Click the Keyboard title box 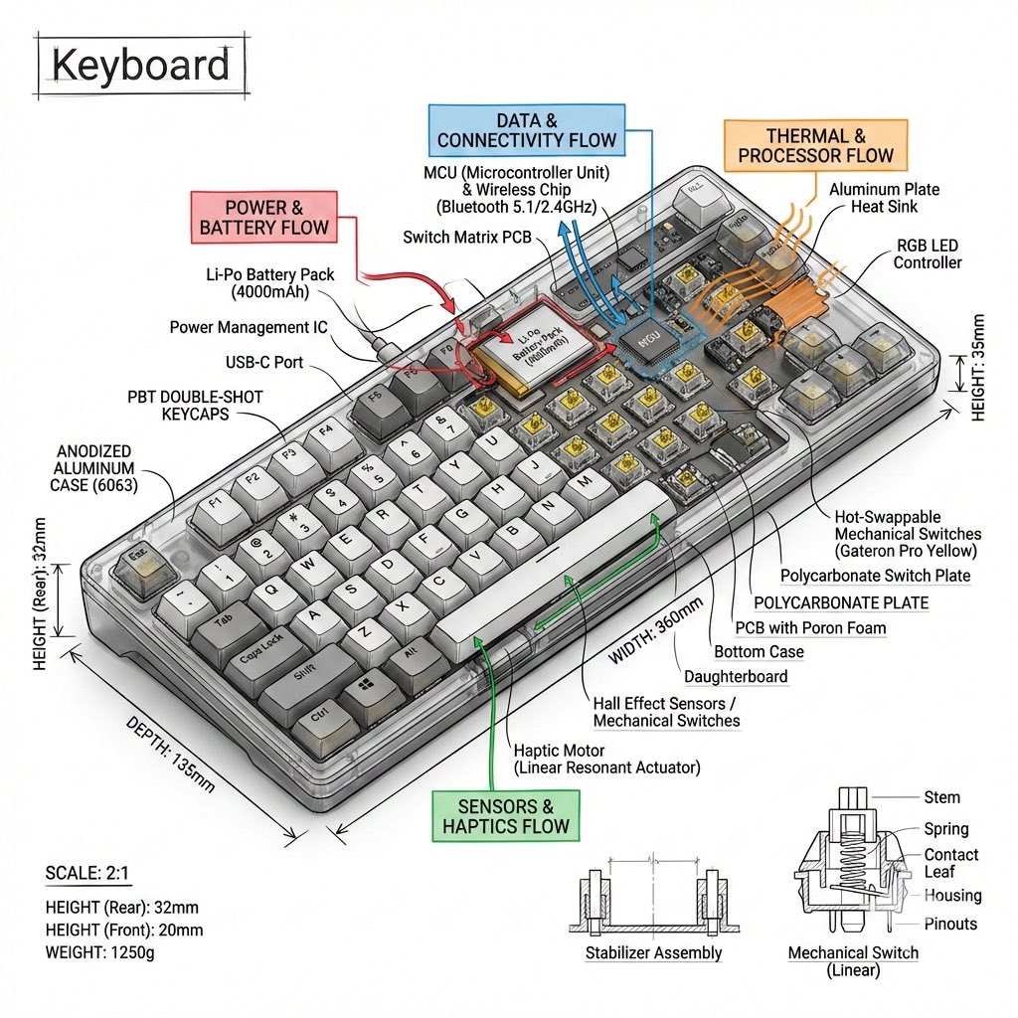(x=140, y=66)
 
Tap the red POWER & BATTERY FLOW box (x=263, y=217)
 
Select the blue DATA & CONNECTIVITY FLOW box (x=526, y=129)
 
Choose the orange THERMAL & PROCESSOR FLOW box (x=815, y=145)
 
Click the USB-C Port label (x=263, y=362)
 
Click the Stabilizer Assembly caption (x=653, y=953)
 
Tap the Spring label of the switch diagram (x=945, y=829)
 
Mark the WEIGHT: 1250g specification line (x=100, y=952)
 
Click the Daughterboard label (x=736, y=677)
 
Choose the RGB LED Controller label (x=928, y=254)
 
